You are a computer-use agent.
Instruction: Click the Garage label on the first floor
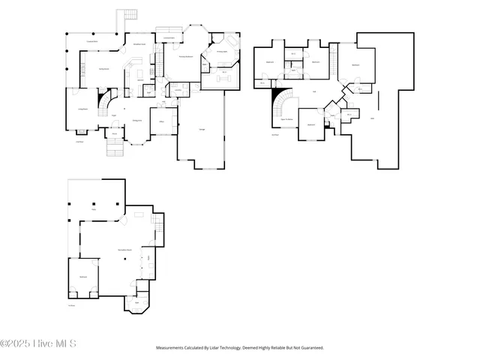point(202,129)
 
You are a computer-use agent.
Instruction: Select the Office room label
point(162,121)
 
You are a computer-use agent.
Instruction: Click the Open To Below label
point(286,119)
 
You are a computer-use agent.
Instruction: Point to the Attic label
point(373,118)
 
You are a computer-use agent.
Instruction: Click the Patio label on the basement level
point(94,211)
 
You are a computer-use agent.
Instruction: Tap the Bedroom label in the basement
point(83,277)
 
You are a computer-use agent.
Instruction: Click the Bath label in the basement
point(136,303)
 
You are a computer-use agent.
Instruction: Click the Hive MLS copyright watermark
point(38,344)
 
